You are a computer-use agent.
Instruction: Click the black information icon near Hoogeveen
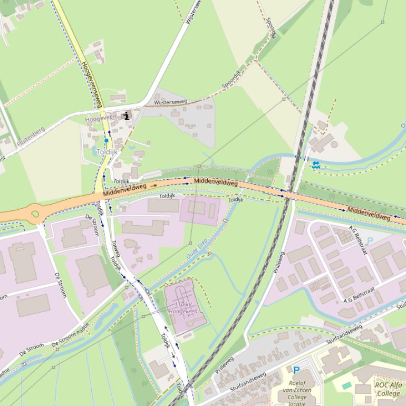click(127, 115)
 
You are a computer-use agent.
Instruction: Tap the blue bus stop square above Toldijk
click(106, 141)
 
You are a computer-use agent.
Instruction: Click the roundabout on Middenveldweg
click(35, 214)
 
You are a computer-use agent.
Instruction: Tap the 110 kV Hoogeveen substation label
click(182, 308)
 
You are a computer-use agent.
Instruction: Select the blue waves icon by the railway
click(316, 165)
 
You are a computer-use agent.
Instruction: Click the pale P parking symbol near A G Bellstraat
click(370, 241)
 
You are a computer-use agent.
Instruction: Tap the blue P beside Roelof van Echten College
click(296, 370)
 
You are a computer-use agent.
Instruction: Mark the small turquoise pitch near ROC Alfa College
click(346, 385)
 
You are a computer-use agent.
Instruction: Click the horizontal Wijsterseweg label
click(170, 102)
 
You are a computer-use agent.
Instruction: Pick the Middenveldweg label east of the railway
click(369, 214)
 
